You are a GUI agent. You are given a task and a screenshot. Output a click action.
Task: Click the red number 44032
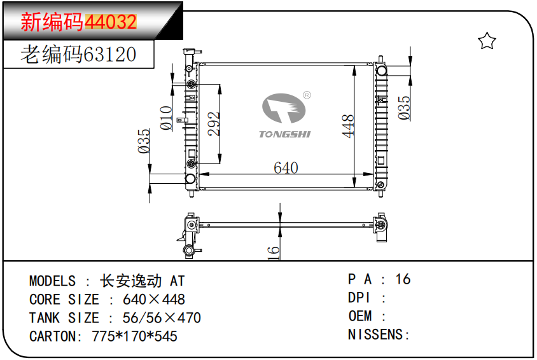[111, 22]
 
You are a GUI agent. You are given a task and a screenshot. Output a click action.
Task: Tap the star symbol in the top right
[487, 41]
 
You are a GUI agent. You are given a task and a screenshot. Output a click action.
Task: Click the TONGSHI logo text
[284, 134]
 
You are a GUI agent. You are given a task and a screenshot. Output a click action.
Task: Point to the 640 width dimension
[286, 167]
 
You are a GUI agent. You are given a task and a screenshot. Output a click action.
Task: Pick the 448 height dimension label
[347, 127]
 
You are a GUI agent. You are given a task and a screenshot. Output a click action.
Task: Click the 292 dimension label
[214, 125]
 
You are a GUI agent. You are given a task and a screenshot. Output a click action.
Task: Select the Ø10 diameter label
[166, 118]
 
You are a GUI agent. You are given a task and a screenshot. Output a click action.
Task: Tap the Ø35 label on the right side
[404, 107]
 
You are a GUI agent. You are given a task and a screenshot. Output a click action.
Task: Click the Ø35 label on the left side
[144, 141]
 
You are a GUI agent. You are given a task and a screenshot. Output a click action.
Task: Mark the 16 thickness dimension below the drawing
[274, 253]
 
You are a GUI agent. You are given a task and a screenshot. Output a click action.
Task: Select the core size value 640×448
[154, 300]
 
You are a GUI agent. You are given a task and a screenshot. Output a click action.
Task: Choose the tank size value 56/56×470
[162, 318]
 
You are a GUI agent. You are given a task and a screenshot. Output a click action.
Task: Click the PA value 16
[403, 279]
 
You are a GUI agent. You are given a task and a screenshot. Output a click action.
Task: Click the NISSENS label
[378, 335]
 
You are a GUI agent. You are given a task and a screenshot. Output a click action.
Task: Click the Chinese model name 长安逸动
[131, 281]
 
